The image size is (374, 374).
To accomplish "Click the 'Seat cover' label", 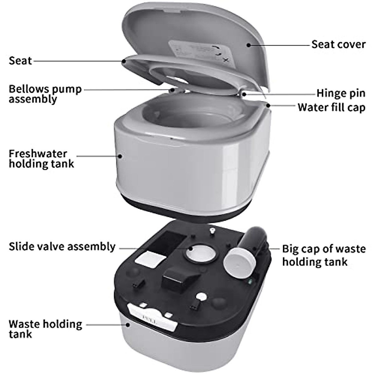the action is (338, 44).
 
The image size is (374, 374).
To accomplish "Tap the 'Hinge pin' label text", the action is (341, 93).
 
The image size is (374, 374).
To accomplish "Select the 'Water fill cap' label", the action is (331, 107).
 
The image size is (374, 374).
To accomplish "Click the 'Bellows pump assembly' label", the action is (45, 94).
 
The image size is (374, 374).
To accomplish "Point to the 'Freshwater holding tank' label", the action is (41, 159).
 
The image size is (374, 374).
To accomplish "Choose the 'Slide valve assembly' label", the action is (62, 247).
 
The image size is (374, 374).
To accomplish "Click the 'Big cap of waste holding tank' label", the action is (324, 255).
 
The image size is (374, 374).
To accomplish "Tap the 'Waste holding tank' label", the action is (45, 329).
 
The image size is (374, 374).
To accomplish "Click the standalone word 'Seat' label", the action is (20, 60).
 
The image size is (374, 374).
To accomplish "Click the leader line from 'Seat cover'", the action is (280, 45).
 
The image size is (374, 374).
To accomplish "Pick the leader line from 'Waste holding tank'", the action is (106, 325).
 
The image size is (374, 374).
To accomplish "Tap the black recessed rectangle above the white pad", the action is (170, 240).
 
